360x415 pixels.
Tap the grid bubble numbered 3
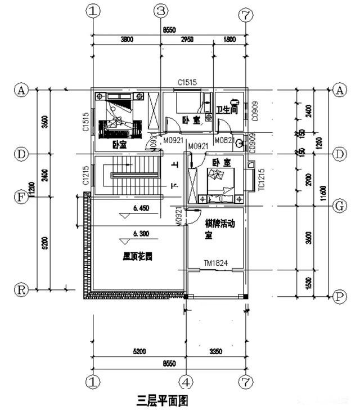(161, 11)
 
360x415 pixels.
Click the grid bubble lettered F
(21, 197)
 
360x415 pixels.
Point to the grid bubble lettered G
(339, 206)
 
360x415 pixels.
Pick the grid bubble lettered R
(21, 290)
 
